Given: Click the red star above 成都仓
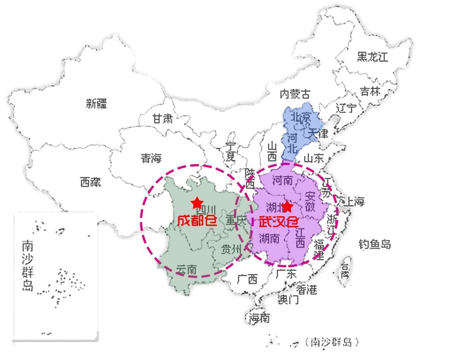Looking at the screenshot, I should point(197,202).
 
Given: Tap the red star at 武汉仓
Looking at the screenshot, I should point(287,206).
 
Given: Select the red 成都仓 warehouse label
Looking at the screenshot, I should point(197,220).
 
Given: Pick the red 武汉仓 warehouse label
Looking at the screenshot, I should point(279,222).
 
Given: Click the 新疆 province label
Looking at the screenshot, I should point(96,104).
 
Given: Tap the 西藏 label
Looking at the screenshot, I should point(90,182).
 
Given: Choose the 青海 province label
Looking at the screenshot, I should point(151,158).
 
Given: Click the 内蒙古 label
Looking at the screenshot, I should point(295,94).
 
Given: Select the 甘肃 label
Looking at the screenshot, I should point(162,119).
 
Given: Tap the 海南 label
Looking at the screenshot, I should point(259,318).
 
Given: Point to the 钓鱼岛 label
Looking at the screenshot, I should point(375,244).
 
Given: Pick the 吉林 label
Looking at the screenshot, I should point(370,91).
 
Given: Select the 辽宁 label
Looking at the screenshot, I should point(346,108).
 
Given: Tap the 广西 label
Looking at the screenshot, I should point(247,279).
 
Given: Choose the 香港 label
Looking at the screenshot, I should point(306,290).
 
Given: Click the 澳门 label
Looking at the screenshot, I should point(288,300).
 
